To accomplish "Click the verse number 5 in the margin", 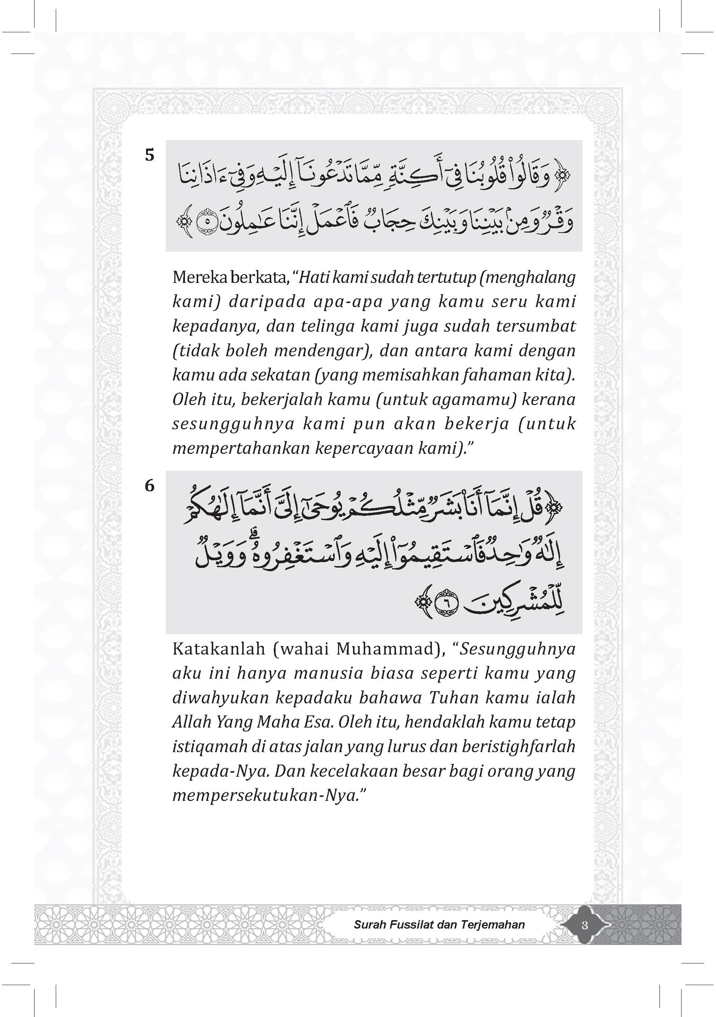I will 150,156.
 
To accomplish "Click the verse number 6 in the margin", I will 150,486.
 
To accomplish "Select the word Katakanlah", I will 219,649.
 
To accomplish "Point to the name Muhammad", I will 384,649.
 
